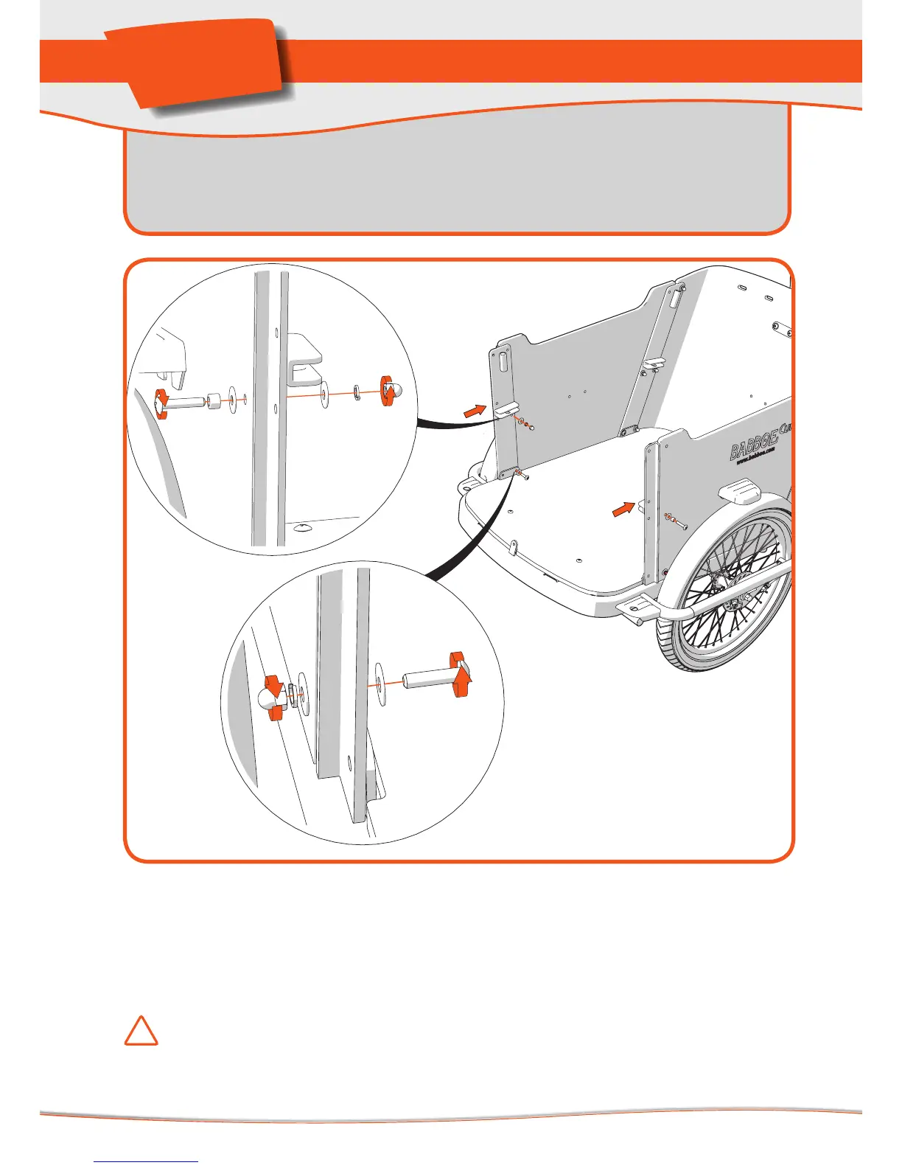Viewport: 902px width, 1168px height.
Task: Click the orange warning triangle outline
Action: [x=141, y=1031]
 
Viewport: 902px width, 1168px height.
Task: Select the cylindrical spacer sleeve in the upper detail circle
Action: [x=214, y=403]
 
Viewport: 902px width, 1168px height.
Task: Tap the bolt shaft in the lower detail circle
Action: [x=427, y=677]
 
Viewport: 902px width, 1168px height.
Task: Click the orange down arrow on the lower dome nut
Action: [x=274, y=685]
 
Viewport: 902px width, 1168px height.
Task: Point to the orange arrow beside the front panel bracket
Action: [x=475, y=411]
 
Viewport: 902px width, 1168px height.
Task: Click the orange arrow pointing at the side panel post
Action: [x=623, y=508]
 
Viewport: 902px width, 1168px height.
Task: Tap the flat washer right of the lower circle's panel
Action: [x=380, y=684]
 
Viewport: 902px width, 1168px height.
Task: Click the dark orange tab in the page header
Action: [x=203, y=63]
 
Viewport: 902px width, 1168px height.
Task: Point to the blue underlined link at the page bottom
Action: [x=147, y=1161]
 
